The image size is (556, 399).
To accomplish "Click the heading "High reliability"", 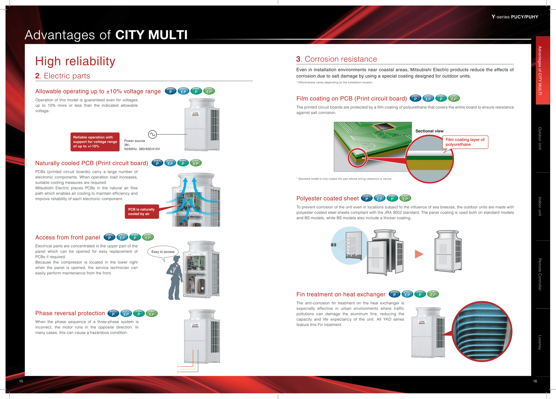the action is [x=75, y=61].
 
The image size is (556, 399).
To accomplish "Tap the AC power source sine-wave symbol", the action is [x=152, y=134].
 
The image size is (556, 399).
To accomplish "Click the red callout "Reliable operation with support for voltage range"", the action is [x=95, y=142].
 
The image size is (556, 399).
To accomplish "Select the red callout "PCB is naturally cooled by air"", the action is [x=142, y=212].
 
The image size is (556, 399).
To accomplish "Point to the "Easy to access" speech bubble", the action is [x=163, y=252].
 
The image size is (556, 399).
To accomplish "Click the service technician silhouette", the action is [x=175, y=278].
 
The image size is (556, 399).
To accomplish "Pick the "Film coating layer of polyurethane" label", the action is [x=465, y=142].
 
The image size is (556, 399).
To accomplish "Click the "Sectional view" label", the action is [x=429, y=131].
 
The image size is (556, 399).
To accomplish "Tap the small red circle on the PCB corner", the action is [x=357, y=158].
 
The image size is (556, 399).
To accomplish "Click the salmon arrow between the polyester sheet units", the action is [x=419, y=254].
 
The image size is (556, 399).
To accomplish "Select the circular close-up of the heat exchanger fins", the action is [x=482, y=331].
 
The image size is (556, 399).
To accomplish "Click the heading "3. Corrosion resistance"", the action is [x=336, y=59].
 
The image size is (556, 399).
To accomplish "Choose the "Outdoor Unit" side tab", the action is [x=540, y=138].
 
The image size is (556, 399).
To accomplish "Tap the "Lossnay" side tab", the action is [x=540, y=342].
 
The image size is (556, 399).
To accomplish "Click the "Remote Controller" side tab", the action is [x=540, y=274].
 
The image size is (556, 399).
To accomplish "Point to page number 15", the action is [x=21, y=381].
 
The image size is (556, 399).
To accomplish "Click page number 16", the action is [x=535, y=381].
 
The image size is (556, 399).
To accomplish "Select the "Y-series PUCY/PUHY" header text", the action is [x=515, y=17].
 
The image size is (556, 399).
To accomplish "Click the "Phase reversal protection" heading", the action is [x=70, y=313].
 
